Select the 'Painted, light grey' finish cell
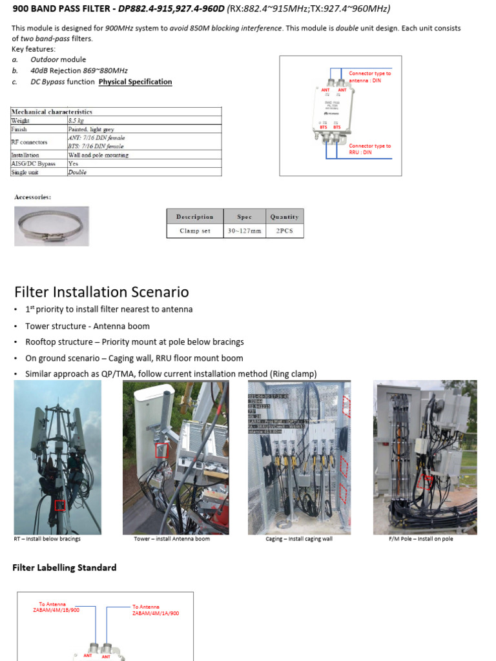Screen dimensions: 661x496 [x=91, y=129]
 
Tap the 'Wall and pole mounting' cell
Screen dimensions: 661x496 [x=98, y=155]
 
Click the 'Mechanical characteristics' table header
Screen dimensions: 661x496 [x=52, y=112]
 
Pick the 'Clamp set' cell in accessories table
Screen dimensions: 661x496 [x=194, y=230]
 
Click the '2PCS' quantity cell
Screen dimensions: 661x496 [x=284, y=230]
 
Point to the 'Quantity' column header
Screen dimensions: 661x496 [x=284, y=217]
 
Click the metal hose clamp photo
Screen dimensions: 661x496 [x=52, y=226]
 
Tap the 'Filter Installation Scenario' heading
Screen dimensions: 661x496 [x=101, y=292]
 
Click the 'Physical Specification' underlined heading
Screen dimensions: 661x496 [x=135, y=82]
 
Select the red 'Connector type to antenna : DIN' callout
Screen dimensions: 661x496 [x=370, y=76]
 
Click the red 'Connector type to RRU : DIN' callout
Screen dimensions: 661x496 [x=370, y=149]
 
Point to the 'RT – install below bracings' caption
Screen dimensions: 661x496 [x=47, y=539]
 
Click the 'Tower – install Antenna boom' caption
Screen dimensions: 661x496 [x=172, y=539]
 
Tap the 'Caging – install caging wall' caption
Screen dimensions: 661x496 [x=299, y=539]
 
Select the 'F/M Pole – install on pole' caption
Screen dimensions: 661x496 [x=422, y=539]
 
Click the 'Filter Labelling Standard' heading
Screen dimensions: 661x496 [x=65, y=568]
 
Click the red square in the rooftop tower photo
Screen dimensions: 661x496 [x=60, y=505]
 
